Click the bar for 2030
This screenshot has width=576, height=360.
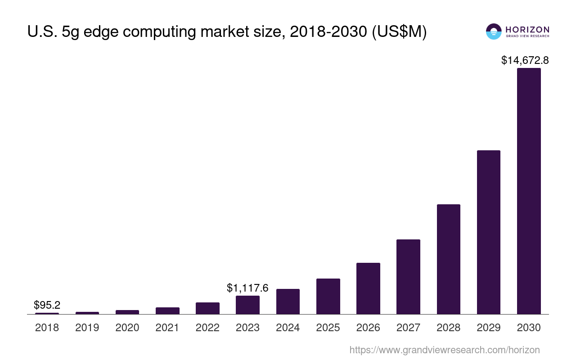click(x=529, y=191)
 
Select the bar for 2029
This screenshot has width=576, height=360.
click(x=489, y=232)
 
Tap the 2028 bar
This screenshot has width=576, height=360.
click(x=449, y=259)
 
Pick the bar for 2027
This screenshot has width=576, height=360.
click(x=408, y=277)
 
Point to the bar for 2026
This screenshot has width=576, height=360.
click(x=368, y=288)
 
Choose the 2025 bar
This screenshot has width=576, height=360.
click(x=328, y=296)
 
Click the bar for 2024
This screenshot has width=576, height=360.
click(x=288, y=301)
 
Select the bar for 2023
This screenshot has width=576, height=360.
click(x=247, y=305)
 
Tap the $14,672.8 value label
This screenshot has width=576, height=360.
click(x=525, y=60)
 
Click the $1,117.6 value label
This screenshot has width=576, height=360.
click(x=247, y=288)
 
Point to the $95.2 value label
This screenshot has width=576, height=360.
click(x=47, y=305)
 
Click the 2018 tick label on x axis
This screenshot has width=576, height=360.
click(x=47, y=328)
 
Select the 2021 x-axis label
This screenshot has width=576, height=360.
click(x=167, y=328)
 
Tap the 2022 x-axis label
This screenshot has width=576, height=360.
click(x=207, y=328)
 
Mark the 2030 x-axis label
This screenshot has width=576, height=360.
click(x=529, y=328)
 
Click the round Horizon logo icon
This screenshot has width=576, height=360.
click(x=494, y=31)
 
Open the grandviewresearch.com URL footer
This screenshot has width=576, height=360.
click(x=444, y=350)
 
